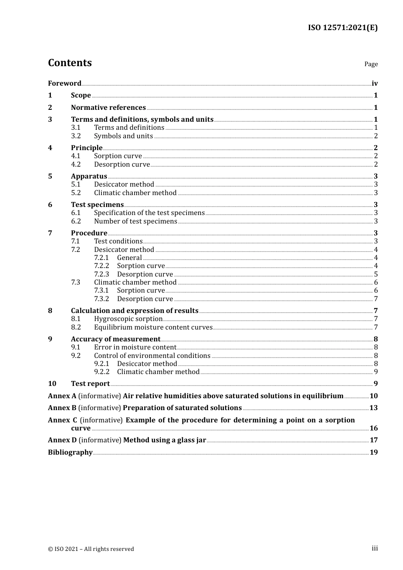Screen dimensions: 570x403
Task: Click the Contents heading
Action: pos(70,63)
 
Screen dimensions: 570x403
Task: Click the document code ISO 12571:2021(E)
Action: pos(342,28)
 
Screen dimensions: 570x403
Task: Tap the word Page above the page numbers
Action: pos(371,64)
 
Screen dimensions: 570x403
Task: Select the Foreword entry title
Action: pos(64,84)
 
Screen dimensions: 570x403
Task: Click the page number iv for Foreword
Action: pos(375,84)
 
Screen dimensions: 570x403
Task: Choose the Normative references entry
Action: pos(108,108)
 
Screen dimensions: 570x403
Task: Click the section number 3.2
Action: pos(76,136)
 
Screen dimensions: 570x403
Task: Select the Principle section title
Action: pos(87,148)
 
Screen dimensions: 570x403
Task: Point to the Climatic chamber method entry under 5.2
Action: pos(135,193)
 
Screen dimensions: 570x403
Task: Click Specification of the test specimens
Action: pos(149,213)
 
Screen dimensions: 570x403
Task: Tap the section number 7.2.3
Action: pos(101,274)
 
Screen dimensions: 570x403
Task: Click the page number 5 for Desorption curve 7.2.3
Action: pos(376,274)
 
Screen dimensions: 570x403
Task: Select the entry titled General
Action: pos(129,258)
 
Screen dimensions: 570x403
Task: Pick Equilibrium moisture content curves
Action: pos(153,327)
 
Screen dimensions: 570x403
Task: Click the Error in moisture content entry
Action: pos(135,347)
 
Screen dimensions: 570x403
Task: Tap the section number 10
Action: pos(52,384)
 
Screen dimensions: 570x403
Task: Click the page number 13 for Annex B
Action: pos(373,408)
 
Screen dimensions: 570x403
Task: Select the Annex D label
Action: pos(62,440)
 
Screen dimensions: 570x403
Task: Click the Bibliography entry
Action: pos(70,453)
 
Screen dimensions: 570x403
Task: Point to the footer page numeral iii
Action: pos(375,548)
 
